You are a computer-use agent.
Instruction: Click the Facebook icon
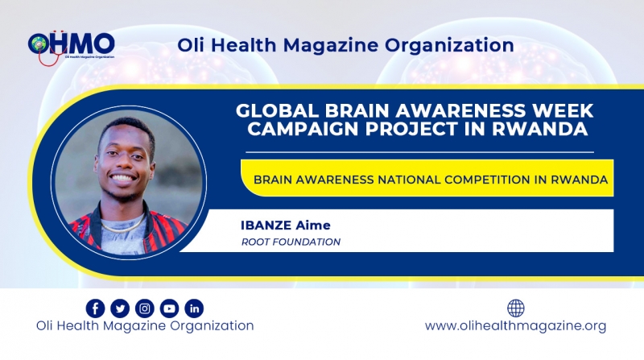95,308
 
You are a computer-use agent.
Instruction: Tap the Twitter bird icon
120,308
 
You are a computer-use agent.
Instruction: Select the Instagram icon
145,308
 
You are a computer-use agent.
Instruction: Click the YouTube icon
169,308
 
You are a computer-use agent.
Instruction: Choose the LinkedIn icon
194,308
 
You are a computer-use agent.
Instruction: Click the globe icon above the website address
515,308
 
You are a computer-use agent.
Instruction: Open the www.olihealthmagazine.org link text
515,326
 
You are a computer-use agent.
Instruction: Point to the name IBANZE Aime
286,226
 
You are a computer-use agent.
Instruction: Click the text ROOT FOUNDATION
291,242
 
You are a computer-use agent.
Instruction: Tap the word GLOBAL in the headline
277,110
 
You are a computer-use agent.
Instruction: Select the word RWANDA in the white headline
539,129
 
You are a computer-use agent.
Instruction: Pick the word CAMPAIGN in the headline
303,129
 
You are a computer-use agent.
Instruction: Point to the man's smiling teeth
123,178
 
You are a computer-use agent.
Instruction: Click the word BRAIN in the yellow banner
272,180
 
